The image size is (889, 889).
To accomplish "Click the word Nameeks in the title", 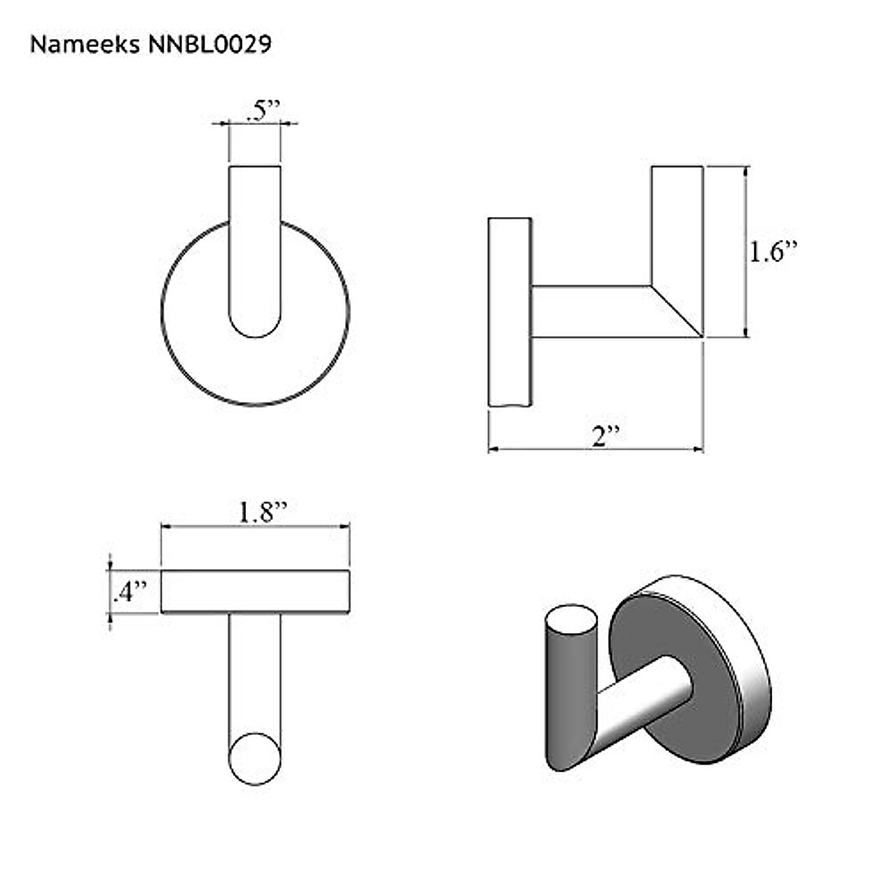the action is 84,44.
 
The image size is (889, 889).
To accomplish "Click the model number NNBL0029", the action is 210,44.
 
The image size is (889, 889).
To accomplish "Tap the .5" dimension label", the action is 262,110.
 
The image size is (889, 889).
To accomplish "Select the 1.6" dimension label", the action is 772,253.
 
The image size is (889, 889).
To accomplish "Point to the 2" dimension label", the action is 606,435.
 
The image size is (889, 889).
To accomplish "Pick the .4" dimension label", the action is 130,591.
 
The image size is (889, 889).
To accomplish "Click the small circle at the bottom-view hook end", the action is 255,759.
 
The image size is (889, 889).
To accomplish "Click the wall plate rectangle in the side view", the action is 510,312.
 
